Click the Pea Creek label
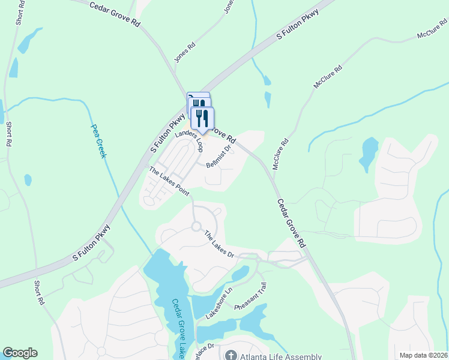(x=98, y=141)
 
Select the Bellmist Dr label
(x=218, y=156)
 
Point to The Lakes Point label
(x=169, y=182)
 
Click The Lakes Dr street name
(x=218, y=244)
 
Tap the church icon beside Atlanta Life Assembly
(x=229, y=355)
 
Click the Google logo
(x=20, y=353)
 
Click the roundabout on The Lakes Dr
(x=196, y=226)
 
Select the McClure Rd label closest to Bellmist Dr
(x=281, y=155)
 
